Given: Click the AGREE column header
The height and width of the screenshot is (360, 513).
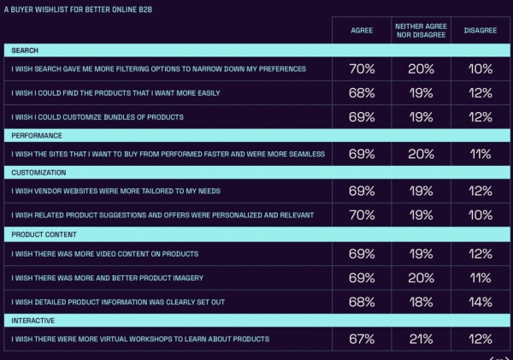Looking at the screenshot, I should tap(362, 30).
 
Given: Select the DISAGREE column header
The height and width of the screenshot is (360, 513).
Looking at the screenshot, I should tap(480, 30).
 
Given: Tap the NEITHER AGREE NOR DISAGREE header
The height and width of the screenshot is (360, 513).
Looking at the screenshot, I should tap(420, 30).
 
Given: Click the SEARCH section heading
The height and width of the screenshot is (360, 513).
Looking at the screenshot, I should tap(25, 51).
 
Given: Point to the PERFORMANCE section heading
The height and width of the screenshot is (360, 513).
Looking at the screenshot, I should tap(37, 136).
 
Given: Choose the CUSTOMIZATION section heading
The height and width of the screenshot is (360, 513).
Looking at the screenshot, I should tap(39, 173).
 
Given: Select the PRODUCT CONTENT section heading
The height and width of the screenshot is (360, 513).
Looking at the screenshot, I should tap(43, 233).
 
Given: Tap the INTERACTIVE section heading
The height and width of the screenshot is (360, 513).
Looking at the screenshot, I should tap(35, 320).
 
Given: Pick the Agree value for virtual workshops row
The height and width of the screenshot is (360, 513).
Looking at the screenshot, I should tap(362, 339).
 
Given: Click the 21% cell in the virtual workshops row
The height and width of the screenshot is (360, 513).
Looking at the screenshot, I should tap(420, 339).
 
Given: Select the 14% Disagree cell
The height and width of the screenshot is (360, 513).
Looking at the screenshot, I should tap(480, 302).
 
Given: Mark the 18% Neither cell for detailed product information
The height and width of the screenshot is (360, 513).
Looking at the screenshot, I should tap(420, 302).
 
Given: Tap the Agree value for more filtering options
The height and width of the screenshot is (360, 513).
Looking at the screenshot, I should tap(362, 69).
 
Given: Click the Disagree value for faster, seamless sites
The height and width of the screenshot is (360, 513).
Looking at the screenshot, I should tap(480, 155).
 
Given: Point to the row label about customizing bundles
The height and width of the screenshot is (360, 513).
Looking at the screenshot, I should tap(97, 117).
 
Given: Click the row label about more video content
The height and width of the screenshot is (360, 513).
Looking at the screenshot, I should tap(104, 254).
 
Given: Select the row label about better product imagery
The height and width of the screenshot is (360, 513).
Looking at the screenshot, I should tap(110, 278).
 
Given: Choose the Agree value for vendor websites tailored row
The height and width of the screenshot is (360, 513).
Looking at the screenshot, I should tap(362, 192).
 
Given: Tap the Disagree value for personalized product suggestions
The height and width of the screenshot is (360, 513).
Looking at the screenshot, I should tap(480, 215).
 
